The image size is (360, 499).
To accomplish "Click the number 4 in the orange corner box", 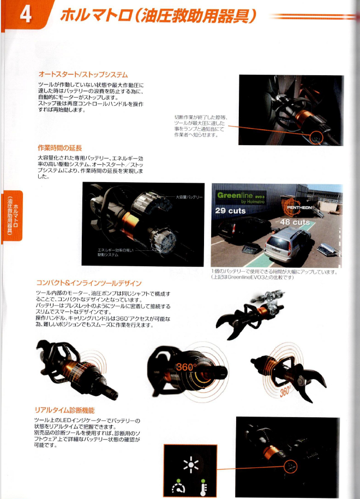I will click(24, 15).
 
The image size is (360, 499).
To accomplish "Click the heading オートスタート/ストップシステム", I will click(83, 74).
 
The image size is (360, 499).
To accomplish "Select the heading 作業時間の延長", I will click(59, 148).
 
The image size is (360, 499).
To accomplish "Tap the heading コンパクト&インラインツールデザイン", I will click(89, 283).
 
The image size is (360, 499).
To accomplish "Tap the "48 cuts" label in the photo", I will click(295, 223).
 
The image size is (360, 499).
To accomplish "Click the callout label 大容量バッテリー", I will click(189, 196).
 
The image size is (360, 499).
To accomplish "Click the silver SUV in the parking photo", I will click(285, 240).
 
